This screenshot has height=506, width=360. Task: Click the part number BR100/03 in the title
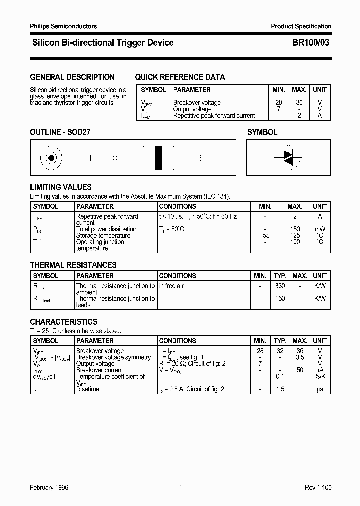point(310,43)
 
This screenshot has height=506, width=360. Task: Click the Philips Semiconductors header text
point(63,26)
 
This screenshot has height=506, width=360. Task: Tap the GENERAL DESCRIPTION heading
point(72,77)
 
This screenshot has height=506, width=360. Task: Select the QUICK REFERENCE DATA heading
point(180,77)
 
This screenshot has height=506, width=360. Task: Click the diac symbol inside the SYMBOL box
point(288,157)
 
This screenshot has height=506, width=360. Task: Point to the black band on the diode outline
point(159,158)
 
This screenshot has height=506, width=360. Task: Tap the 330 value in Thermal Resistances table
point(280,286)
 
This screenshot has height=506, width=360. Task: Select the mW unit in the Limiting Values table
point(320,229)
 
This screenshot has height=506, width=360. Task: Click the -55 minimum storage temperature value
point(265,236)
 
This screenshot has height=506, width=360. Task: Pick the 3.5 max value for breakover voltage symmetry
point(299,357)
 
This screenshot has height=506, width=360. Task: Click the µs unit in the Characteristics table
point(320,389)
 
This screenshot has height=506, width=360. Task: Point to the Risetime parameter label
point(88,389)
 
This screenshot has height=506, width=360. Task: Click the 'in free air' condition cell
point(172,286)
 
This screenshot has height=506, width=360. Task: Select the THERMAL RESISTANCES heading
point(73,265)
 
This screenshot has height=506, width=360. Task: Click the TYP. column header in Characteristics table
point(280,341)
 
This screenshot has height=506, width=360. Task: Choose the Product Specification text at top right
point(301,26)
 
